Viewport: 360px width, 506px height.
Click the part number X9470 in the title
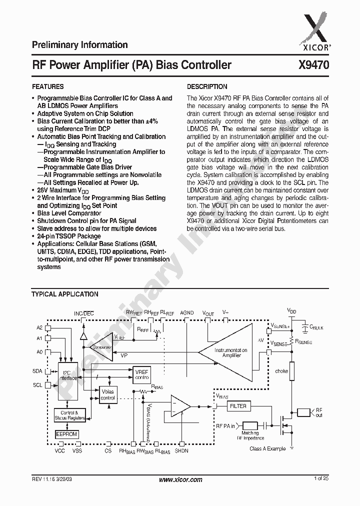[313, 65]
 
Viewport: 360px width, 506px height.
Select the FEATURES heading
[47, 86]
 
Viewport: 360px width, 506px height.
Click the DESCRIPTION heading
[207, 86]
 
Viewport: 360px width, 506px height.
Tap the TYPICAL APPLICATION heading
[65, 294]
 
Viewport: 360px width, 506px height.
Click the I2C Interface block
[69, 375]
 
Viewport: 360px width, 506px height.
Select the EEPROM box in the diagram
[66, 434]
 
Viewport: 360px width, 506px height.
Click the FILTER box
[238, 406]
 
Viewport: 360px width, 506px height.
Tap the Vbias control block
[108, 395]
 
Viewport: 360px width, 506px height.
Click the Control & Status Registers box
[69, 415]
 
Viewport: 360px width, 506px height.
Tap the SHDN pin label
[182, 451]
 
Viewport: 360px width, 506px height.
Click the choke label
[281, 371]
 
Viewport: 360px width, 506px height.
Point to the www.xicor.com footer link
[180, 479]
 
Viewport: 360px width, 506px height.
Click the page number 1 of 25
[321, 479]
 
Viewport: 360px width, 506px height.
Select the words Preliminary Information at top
[80, 45]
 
